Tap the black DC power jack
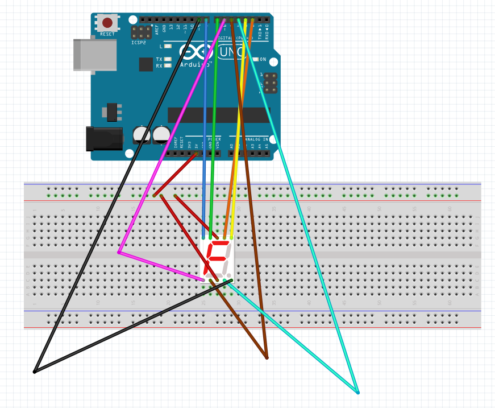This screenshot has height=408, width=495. [x=104, y=138]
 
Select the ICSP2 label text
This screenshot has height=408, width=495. [x=139, y=42]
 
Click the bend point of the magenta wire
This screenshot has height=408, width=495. [x=118, y=252]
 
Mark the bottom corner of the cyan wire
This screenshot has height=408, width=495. [x=358, y=393]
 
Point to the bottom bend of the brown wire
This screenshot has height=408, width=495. [x=267, y=358]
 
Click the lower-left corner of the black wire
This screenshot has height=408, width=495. [x=34, y=372]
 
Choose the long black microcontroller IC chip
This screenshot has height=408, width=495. [x=219, y=115]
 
